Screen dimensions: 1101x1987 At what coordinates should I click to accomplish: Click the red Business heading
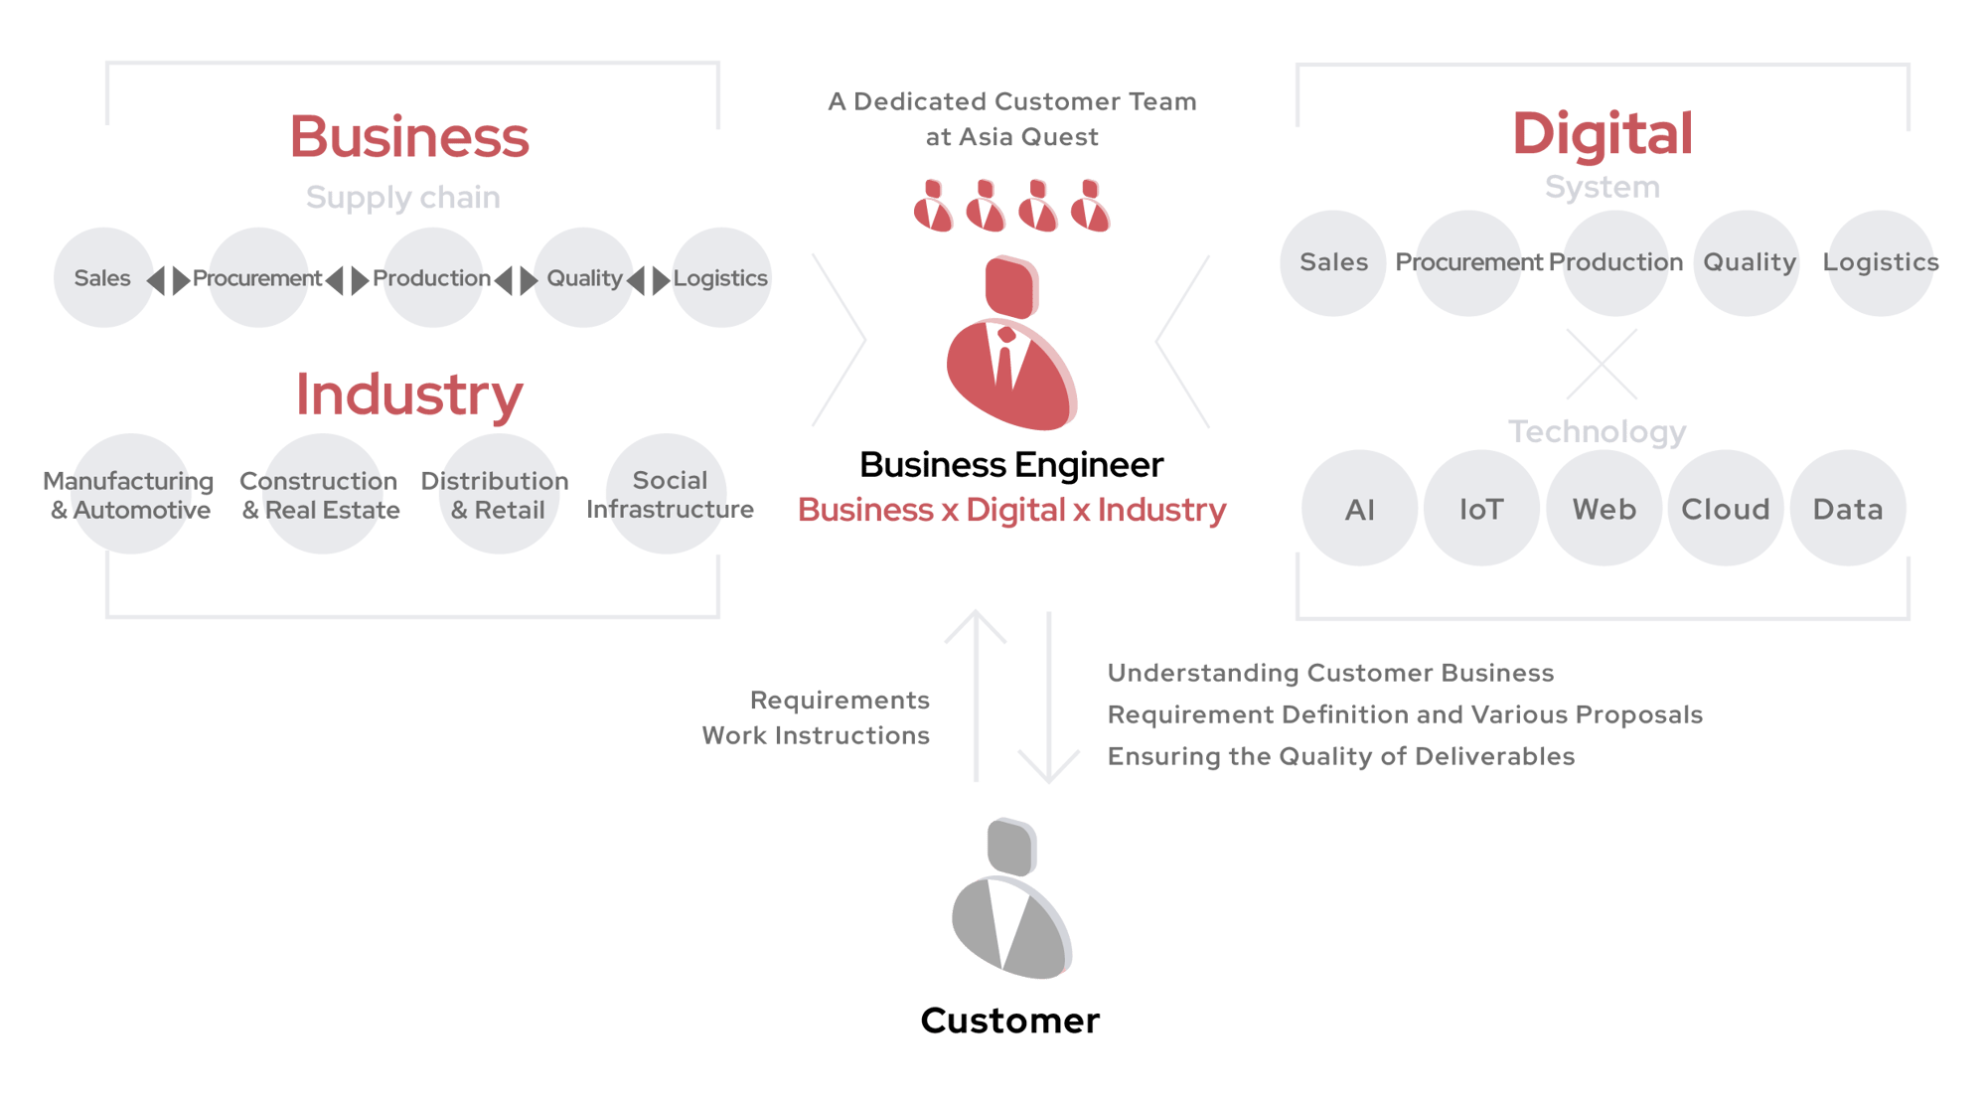coord(409,137)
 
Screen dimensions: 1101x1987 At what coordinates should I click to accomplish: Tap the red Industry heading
coord(409,394)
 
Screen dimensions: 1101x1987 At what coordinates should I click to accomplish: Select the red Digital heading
coord(1602,134)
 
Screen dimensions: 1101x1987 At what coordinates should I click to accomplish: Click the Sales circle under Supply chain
coord(103,278)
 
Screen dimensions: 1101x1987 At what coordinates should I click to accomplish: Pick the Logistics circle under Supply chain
coord(721,278)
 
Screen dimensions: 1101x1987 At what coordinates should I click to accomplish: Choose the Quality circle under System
coord(1748,263)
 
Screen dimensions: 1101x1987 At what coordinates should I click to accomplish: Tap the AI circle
coord(1360,509)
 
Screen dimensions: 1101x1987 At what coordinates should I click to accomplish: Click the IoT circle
coord(1481,509)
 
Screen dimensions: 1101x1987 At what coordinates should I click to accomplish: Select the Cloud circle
coord(1726,509)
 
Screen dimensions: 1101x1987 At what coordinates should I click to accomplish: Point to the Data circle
coord(1848,509)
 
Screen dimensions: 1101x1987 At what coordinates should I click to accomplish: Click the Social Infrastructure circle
coord(668,494)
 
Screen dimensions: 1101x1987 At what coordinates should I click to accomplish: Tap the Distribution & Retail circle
coord(499,494)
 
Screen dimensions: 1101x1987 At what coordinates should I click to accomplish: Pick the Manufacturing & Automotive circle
coord(131,494)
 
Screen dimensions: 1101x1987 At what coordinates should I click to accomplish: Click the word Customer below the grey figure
coord(1010,1022)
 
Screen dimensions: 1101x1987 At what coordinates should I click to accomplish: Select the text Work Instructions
coord(816,735)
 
